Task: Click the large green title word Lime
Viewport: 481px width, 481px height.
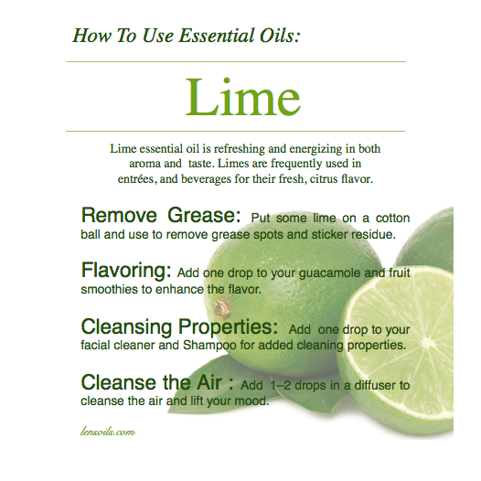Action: [x=242, y=97]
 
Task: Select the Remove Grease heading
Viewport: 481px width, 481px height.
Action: [x=160, y=217]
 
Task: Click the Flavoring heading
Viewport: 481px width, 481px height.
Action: [x=126, y=272]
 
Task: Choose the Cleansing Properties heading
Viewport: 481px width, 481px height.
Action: [x=179, y=326]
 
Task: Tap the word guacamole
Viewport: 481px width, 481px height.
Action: [x=320, y=273]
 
